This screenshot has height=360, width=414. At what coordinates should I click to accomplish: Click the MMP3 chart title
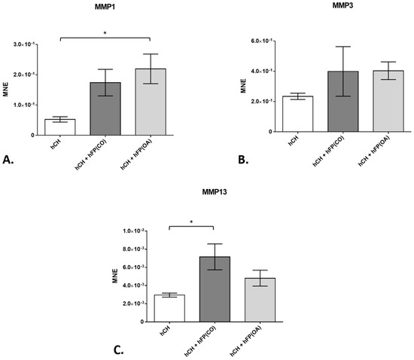tap(321, 6)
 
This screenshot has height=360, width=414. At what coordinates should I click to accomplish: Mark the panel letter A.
tap(9, 159)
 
